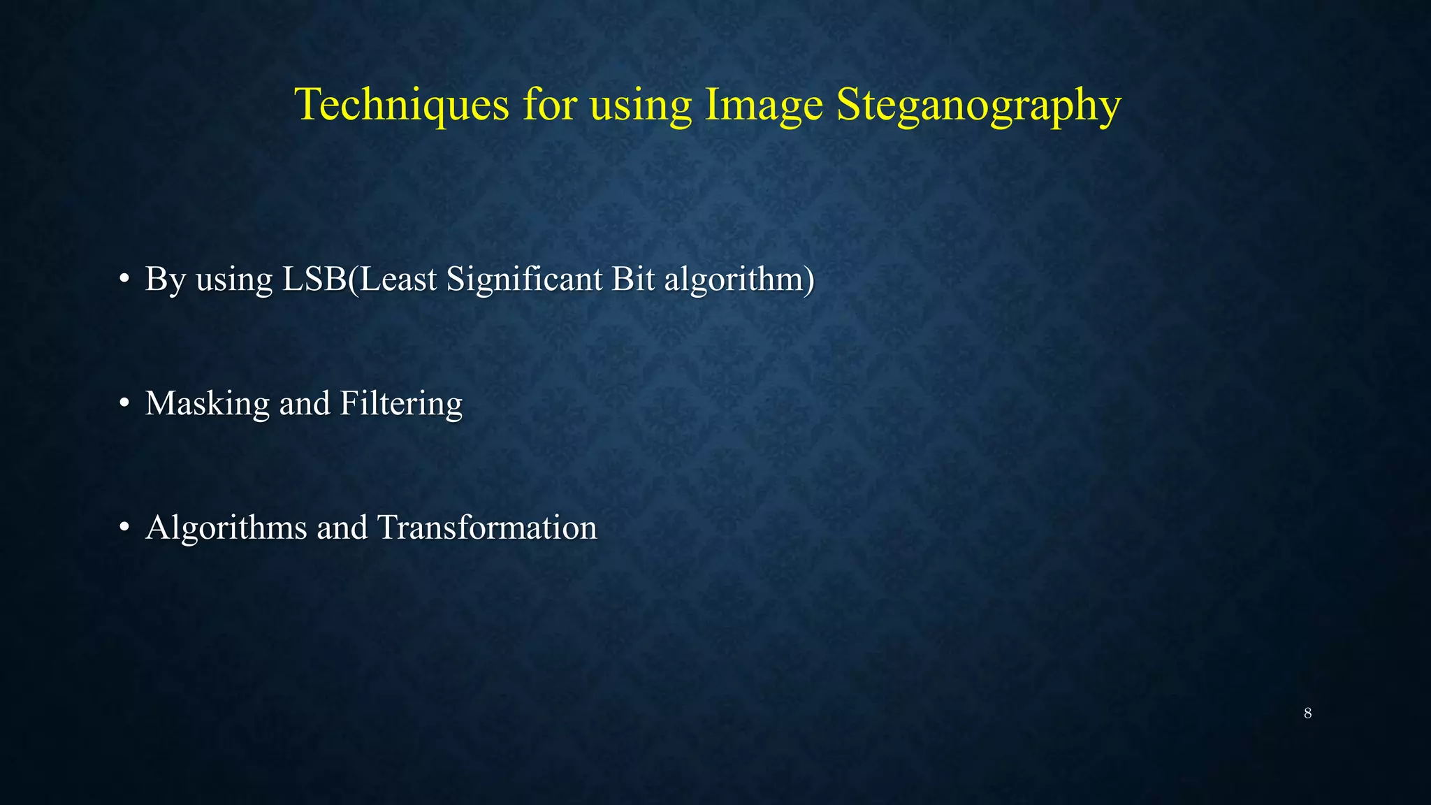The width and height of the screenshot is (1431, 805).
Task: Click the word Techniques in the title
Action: pos(402,105)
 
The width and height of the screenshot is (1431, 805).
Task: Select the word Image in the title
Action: pos(764,105)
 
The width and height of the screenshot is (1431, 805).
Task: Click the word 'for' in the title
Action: pos(549,105)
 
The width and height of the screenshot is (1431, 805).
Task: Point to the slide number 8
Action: pos(1307,713)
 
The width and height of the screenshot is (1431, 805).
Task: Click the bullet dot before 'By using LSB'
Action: pos(124,279)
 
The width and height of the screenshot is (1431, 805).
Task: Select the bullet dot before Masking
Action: pos(124,403)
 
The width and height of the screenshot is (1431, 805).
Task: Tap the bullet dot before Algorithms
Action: pos(124,528)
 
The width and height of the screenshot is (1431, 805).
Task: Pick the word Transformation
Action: pos(487,528)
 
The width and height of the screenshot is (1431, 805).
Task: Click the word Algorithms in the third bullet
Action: pos(226,528)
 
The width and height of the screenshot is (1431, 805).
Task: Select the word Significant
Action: pos(524,279)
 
